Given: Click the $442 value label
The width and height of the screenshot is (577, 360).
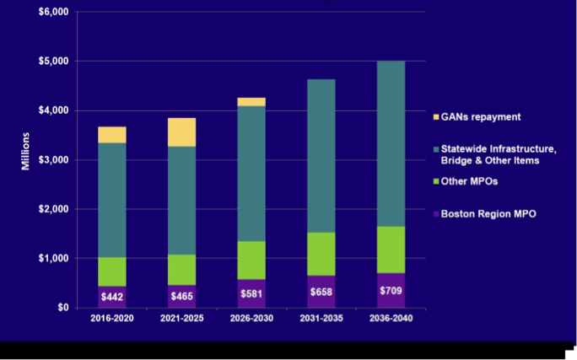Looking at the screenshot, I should [x=112, y=298].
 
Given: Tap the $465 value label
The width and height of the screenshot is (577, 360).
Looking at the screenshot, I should [x=181, y=298].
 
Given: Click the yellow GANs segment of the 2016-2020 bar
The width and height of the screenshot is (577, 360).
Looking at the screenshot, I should [x=112, y=135].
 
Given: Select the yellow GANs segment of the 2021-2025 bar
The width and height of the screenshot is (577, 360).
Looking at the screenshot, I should [x=181, y=132].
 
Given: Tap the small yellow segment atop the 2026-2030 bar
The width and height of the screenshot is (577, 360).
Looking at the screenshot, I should [x=251, y=102].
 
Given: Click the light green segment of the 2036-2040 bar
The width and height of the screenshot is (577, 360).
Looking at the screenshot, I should [x=391, y=250].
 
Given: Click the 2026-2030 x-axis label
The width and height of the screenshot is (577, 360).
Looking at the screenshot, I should [x=251, y=319].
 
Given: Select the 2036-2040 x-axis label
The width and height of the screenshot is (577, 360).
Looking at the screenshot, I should [x=391, y=319].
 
